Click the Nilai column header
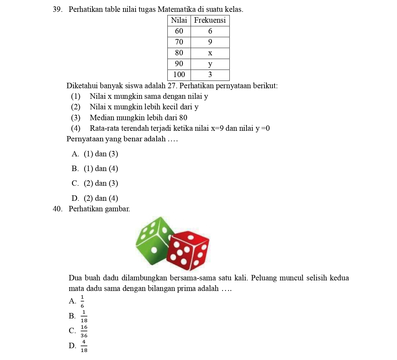[x=179, y=20]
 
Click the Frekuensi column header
[x=210, y=20]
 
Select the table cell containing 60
[x=179, y=31]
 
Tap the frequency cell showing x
[x=210, y=53]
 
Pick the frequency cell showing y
[x=210, y=64]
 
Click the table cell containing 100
[x=179, y=75]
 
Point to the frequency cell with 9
[x=210, y=42]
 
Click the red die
[x=188, y=250]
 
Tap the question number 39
[x=57, y=10]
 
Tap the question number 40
[x=57, y=209]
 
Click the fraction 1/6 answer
[x=82, y=301]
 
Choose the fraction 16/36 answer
[x=84, y=331]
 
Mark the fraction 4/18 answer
[x=84, y=346]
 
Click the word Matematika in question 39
[x=174, y=10]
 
